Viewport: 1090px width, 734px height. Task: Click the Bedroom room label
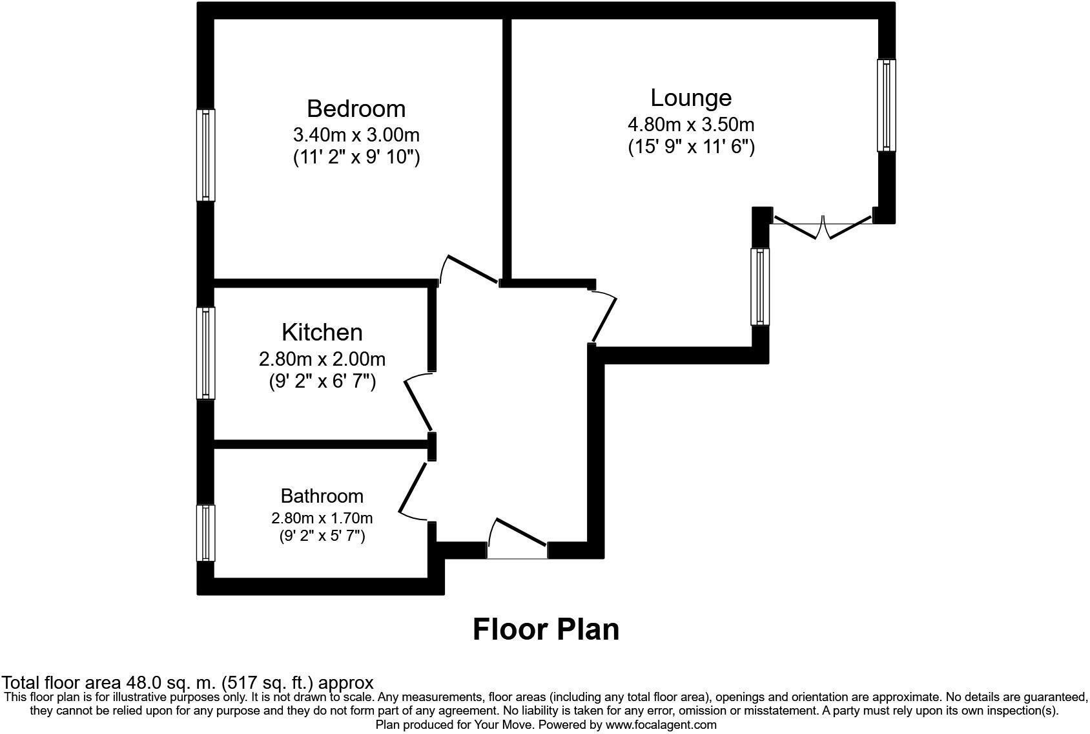click(356, 109)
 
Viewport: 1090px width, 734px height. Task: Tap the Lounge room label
click(691, 98)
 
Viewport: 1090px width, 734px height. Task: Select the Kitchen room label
click(322, 332)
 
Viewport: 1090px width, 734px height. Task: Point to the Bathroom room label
click(322, 496)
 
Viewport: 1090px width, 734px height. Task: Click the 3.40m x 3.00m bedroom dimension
click(356, 135)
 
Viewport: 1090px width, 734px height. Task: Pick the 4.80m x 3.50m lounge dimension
click(691, 124)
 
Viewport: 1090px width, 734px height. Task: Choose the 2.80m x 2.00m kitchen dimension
click(322, 359)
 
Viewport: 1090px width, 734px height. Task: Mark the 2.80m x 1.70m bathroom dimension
click(322, 518)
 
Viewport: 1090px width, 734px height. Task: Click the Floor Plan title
click(546, 629)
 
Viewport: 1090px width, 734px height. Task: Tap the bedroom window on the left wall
click(205, 155)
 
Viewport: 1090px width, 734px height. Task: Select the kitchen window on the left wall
click(205, 353)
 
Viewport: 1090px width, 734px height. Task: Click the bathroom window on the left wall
click(205, 533)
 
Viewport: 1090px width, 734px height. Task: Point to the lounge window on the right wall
click(886, 105)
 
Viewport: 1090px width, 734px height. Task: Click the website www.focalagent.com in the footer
click(660, 725)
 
